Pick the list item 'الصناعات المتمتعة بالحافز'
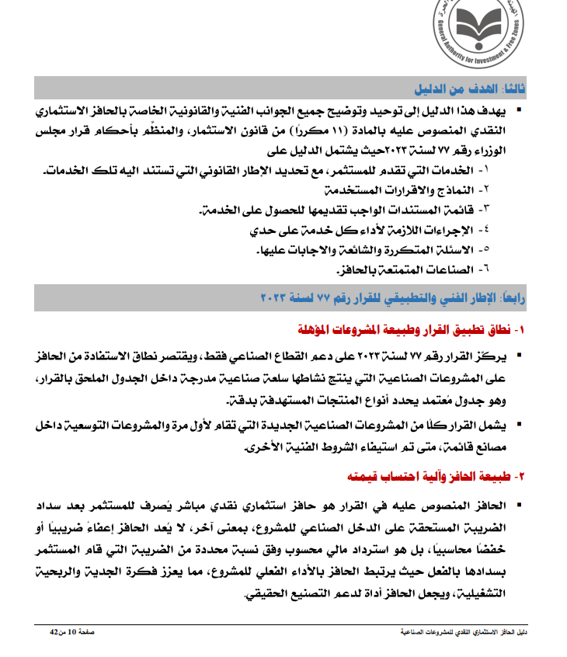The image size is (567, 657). (x=398, y=269)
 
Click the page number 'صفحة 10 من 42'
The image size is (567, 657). (x=73, y=633)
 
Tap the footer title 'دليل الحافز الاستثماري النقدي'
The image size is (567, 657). (x=451, y=633)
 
